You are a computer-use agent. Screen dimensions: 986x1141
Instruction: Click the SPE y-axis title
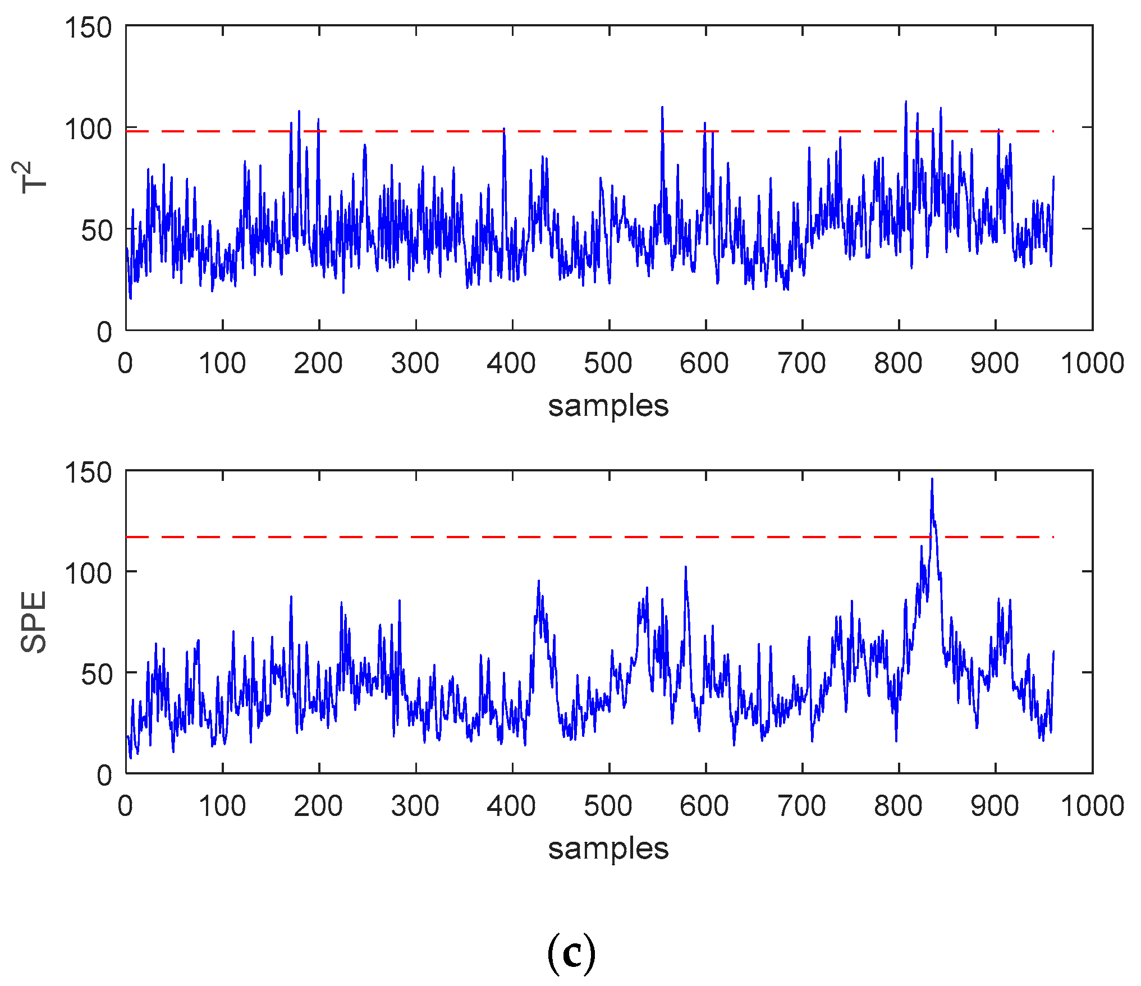pyautogui.click(x=34, y=622)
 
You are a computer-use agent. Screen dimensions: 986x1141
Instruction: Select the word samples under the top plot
pyautogui.click(x=608, y=406)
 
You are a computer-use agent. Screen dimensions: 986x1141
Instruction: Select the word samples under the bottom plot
pyautogui.click(x=608, y=848)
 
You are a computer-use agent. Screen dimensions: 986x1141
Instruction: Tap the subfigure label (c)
pyautogui.click(x=571, y=953)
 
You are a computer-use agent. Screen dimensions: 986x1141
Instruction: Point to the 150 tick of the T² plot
pyautogui.click(x=89, y=27)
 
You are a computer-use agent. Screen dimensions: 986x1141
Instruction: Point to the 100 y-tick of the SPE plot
pyautogui.click(x=89, y=573)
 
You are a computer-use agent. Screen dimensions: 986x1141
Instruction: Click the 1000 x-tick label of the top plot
pyautogui.click(x=1092, y=363)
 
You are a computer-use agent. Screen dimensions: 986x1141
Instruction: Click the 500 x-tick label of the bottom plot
pyautogui.click(x=608, y=806)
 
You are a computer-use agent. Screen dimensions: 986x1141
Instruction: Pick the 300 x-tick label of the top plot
pyautogui.click(x=415, y=363)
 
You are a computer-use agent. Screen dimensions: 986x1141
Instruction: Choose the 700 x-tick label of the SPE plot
pyautogui.click(x=801, y=806)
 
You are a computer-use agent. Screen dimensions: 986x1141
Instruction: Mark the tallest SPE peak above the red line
pyautogui.click(x=932, y=479)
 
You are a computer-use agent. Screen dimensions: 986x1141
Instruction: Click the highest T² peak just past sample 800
pyautogui.click(x=905, y=102)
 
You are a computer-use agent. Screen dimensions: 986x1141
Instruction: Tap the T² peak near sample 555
pyautogui.click(x=662, y=107)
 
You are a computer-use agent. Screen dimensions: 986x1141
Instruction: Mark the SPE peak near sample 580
pyautogui.click(x=686, y=567)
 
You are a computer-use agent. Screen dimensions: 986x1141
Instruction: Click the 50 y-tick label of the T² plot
pyautogui.click(x=97, y=231)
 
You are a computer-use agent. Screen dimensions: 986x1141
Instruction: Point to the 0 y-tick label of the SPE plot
pyautogui.click(x=104, y=775)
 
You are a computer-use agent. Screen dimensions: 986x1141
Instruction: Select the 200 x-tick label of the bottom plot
pyautogui.click(x=318, y=806)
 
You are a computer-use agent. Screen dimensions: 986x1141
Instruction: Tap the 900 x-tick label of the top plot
pyautogui.click(x=995, y=363)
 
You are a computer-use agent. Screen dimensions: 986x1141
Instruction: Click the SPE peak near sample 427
pyautogui.click(x=539, y=581)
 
